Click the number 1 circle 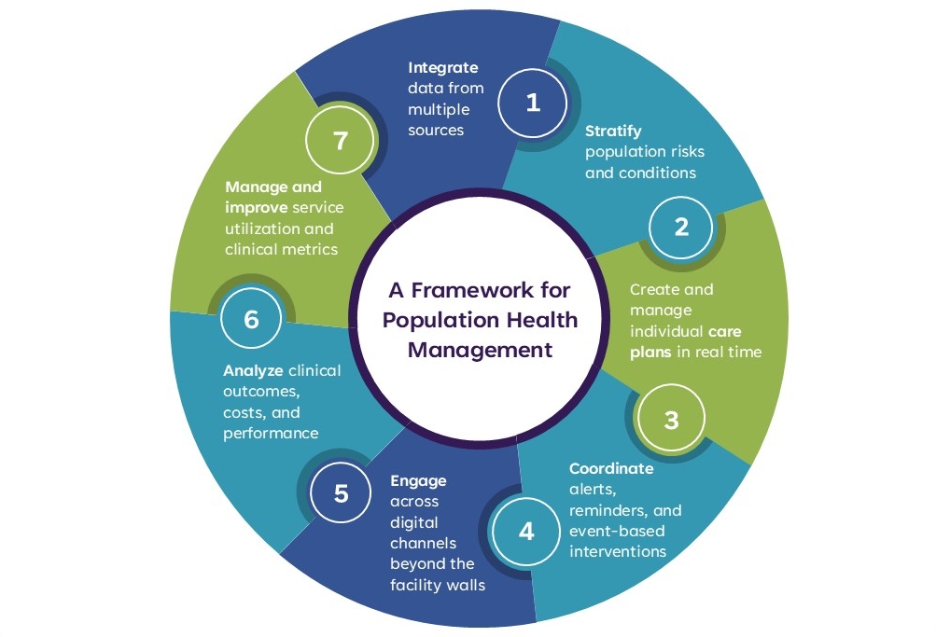click(x=533, y=103)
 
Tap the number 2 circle click(x=681, y=226)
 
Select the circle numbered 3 click(x=671, y=420)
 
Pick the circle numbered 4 click(x=527, y=532)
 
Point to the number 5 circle click(x=341, y=492)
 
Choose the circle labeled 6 click(x=251, y=319)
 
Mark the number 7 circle click(x=340, y=141)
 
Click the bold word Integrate click(x=443, y=67)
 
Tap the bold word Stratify click(x=613, y=132)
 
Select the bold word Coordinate click(x=611, y=469)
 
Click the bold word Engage click(x=418, y=481)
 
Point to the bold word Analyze click(x=253, y=371)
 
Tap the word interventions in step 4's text click(x=617, y=552)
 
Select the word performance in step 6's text click(x=271, y=433)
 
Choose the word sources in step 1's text click(x=436, y=130)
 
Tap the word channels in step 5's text click(x=422, y=544)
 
